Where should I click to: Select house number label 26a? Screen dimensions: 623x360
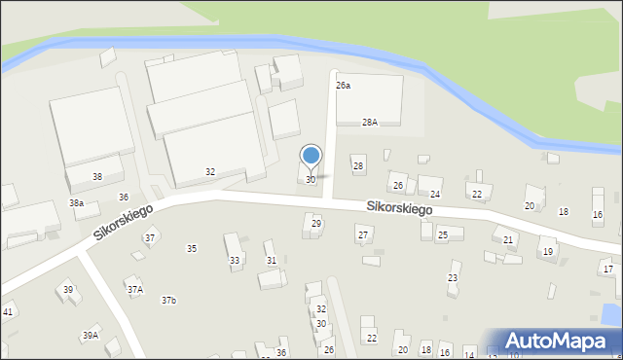tap(343, 86)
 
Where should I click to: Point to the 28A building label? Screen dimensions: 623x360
tap(369, 123)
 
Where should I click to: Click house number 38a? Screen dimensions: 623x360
tap(76, 202)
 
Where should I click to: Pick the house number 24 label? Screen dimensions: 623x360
tap(435, 195)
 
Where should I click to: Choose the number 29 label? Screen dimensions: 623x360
tap(315, 224)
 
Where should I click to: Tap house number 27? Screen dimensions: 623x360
tap(362, 234)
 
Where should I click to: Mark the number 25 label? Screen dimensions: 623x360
tap(442, 234)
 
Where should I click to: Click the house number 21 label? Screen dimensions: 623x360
tap(508, 239)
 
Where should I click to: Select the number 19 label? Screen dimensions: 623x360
tap(548, 252)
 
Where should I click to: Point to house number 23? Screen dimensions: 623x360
tap(453, 278)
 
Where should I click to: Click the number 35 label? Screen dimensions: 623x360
tap(192, 249)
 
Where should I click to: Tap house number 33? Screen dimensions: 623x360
tap(235, 261)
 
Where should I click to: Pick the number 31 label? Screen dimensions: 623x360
tap(271, 260)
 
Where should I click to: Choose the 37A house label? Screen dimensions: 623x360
tap(134, 289)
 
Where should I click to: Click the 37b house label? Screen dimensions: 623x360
tap(169, 300)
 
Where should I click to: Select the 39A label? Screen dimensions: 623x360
tap(90, 335)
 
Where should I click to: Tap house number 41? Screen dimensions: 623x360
tap(7, 311)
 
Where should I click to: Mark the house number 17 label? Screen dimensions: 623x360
tap(607, 269)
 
